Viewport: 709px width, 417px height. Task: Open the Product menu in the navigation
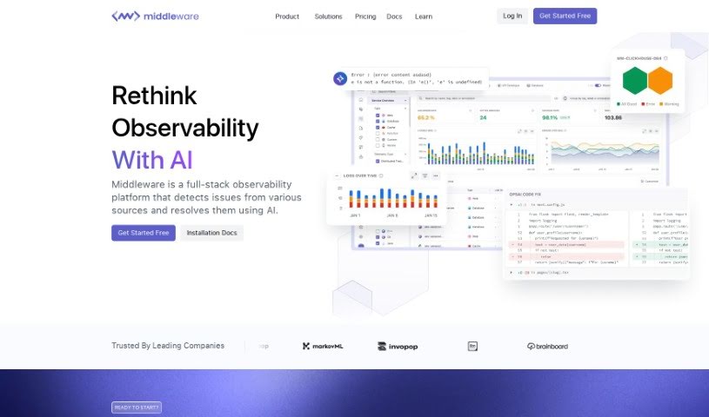tap(287, 17)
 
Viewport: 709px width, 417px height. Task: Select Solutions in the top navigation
tap(328, 17)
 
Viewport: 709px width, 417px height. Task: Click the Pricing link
tap(365, 17)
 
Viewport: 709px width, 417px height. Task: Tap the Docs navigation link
tap(394, 17)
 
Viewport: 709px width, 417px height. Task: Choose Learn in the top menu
tap(424, 17)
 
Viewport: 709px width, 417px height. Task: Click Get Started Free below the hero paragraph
tap(144, 233)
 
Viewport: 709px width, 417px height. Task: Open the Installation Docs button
tap(212, 233)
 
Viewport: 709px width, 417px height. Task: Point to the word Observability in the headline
tap(185, 128)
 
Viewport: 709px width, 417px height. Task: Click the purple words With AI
tap(152, 161)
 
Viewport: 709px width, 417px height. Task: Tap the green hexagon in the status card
tap(636, 81)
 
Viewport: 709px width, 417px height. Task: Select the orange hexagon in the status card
tap(660, 81)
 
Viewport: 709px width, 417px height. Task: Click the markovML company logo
tap(321, 346)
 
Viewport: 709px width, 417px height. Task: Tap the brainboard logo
tap(547, 346)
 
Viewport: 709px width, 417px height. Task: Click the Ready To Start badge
tap(137, 407)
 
